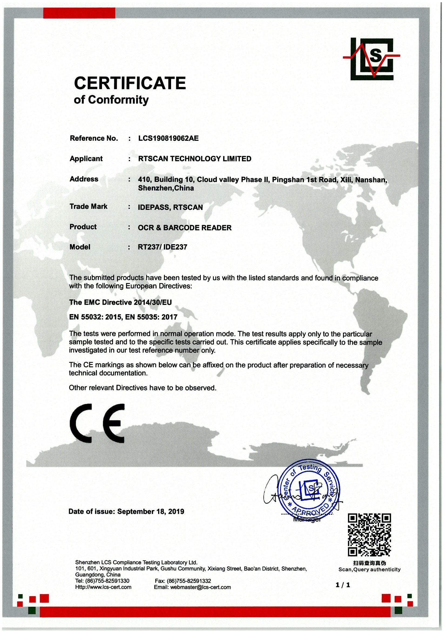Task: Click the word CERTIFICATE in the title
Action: click(x=130, y=83)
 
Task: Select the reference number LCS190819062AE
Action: click(x=168, y=138)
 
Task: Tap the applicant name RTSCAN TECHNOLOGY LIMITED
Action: click(x=195, y=159)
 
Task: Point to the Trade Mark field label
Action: click(x=88, y=207)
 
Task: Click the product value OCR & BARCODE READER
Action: click(x=185, y=228)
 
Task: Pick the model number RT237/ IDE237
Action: click(x=162, y=247)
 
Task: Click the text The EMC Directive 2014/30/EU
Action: click(x=120, y=302)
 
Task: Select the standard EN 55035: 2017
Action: click(x=151, y=317)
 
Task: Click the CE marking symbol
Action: click(x=97, y=423)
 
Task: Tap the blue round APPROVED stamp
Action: click(x=309, y=488)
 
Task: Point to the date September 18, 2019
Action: click(x=151, y=511)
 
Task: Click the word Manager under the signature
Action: click(x=307, y=520)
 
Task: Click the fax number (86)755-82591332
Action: click(x=189, y=581)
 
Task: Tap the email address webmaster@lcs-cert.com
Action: click(x=200, y=587)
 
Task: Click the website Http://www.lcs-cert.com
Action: click(x=103, y=587)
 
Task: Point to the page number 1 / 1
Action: click(x=343, y=585)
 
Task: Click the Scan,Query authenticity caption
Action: click(x=369, y=569)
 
